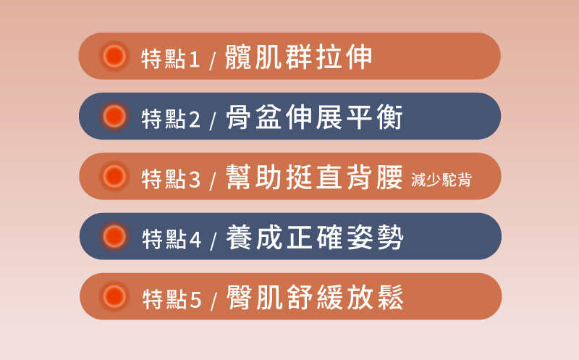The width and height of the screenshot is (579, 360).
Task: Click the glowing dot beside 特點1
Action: pos(114,56)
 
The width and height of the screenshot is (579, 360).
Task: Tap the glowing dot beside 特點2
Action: pos(114,116)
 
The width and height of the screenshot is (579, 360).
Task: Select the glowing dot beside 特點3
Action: pos(114,176)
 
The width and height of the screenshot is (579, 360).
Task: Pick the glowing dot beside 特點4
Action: pos(114,236)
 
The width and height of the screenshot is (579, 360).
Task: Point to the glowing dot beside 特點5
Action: pos(114,296)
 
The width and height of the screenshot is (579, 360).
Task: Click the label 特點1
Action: pos(171,59)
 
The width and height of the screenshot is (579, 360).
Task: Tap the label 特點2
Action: pos(171,119)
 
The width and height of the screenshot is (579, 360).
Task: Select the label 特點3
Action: pos(171,179)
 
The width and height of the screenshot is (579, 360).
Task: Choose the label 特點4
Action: pos(172,239)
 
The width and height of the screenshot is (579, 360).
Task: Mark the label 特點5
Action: pos(172,299)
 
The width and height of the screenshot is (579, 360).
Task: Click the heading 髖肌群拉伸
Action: pos(298,57)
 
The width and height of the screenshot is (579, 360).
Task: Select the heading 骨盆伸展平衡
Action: pos(314,117)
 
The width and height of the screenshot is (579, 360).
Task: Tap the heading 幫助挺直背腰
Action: pos(314,177)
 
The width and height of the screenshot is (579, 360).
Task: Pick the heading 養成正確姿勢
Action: pos(315,238)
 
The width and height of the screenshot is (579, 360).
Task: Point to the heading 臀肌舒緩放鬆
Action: pos(315,297)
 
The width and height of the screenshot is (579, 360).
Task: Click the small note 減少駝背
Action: pos(441,180)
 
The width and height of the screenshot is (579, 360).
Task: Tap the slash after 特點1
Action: pos(212,61)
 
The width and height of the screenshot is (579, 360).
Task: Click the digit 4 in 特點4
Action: pos(195,240)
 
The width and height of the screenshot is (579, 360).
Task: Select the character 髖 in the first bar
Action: pos(238,57)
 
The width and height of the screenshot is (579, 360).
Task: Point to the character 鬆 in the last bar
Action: pos(391,297)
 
